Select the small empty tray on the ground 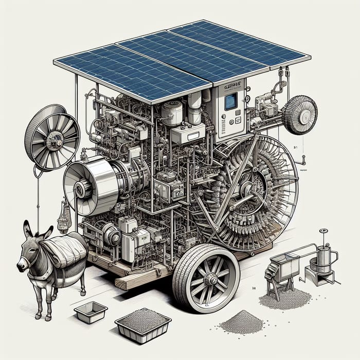point(91,312)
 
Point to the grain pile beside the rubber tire point(241,321)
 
